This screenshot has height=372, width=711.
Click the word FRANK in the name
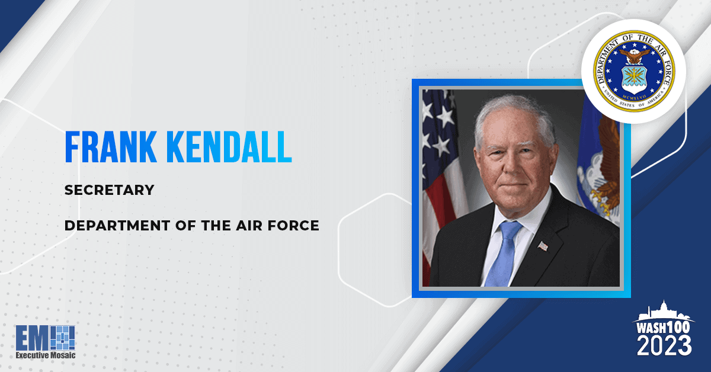111,147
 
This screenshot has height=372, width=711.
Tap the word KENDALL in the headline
229,147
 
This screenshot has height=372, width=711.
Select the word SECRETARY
109,190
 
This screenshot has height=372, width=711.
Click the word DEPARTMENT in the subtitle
117,226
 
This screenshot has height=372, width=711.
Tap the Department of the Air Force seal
634,71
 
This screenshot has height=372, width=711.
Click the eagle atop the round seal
634,56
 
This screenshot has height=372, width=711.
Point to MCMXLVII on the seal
634,97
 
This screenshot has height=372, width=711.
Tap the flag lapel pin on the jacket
543,246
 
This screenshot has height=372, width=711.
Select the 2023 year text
664,346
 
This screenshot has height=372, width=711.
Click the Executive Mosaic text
46,355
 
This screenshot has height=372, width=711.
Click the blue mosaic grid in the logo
63,338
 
